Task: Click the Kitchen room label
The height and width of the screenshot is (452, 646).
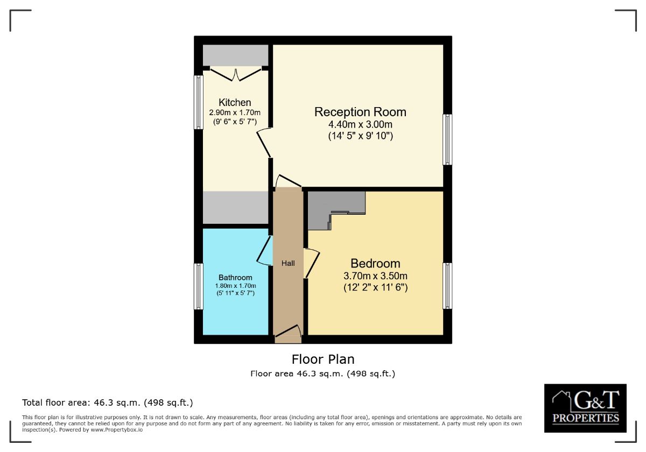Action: [235, 102]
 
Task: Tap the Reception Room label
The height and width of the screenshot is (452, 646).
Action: [360, 112]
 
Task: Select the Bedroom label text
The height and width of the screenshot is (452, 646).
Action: [375, 263]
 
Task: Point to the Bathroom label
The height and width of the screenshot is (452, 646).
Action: [235, 278]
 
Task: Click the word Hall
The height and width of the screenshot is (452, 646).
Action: [288, 263]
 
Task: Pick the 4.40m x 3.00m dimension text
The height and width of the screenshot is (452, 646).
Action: [360, 125]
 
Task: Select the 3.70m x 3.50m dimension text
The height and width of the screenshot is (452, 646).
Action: [375, 276]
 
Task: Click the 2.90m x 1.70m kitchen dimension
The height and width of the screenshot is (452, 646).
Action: [235, 112]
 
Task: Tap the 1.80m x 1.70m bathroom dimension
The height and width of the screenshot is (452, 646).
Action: [235, 286]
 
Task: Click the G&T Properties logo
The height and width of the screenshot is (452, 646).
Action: [585, 408]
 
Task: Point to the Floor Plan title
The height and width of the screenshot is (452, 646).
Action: [323, 359]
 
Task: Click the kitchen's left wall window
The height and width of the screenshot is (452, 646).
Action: [199, 102]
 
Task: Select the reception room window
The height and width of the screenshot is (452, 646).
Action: [447, 139]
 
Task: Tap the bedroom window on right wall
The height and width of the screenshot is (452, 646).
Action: [447, 286]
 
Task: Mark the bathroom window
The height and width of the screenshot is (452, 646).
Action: [199, 286]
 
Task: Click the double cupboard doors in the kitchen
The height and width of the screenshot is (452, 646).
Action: [236, 74]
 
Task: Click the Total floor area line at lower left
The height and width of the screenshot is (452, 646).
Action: [107, 402]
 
